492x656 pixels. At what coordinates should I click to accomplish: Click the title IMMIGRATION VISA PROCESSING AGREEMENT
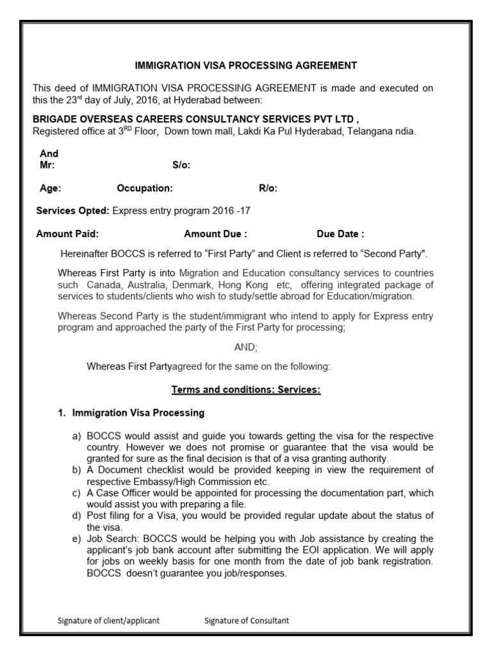[x=245, y=65]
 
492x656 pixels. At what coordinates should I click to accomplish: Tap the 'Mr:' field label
[x=47, y=165]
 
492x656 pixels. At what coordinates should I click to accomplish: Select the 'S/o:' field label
[x=181, y=165]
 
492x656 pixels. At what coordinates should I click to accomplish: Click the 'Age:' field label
[x=51, y=188]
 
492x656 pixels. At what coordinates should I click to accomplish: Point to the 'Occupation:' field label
[x=145, y=188]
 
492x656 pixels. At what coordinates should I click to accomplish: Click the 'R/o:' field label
[x=268, y=188]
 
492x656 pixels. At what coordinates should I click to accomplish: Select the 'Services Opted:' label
[x=73, y=211]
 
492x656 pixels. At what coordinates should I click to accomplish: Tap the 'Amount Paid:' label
[x=67, y=234]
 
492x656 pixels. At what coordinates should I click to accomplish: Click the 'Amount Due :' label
[x=215, y=234]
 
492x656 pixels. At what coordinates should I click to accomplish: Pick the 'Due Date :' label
[x=340, y=234]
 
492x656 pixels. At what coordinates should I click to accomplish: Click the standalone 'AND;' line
[x=246, y=347]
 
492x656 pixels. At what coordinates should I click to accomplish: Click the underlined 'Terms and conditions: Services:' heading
[x=246, y=389]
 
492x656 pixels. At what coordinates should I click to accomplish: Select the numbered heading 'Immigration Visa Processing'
[x=138, y=413]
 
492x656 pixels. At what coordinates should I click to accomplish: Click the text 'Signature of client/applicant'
[x=108, y=620]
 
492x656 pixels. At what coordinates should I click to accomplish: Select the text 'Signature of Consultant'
[x=247, y=620]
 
